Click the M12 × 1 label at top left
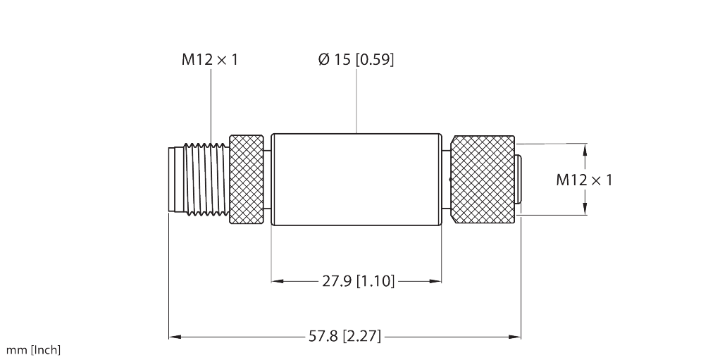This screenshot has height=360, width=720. click(210, 60)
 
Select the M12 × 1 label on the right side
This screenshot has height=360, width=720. click(584, 180)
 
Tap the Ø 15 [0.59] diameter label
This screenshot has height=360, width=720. click(356, 60)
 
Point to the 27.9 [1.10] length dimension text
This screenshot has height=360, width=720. click(358, 281)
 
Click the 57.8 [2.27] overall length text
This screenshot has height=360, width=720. click(345, 337)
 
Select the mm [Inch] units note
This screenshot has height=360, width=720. click(33, 350)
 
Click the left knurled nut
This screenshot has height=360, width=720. click(246, 180)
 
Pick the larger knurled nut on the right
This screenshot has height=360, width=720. click(483, 180)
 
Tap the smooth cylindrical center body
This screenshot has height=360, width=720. click(356, 180)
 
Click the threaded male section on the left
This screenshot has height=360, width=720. click(206, 180)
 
